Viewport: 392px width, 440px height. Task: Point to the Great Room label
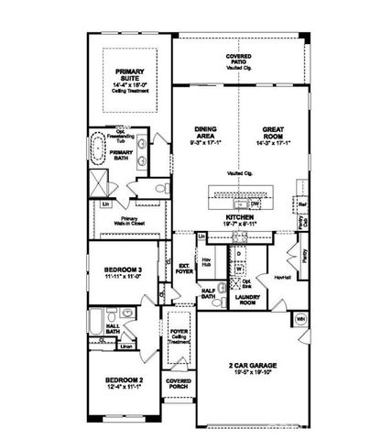[x=276, y=134]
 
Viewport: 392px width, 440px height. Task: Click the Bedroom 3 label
[x=121, y=272]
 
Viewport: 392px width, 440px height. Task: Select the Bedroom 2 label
[x=121, y=382]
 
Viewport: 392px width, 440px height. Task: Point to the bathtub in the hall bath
[x=95, y=322]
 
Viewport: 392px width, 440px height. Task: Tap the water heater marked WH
[x=299, y=319]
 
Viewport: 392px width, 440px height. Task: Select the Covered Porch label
[x=178, y=386]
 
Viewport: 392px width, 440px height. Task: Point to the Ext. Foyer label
[x=184, y=269]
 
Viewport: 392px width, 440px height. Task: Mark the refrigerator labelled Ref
[x=302, y=203]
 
